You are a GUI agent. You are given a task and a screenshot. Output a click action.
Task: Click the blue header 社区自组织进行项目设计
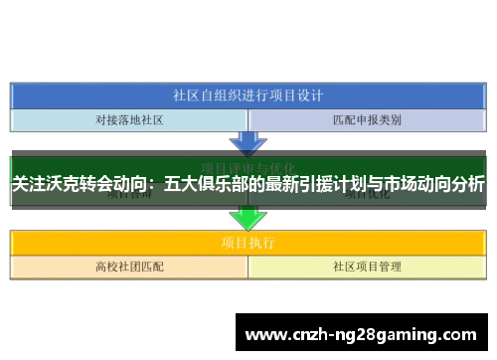248,95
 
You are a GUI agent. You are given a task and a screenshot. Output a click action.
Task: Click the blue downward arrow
248,142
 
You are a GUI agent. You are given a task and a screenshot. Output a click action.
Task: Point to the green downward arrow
248,218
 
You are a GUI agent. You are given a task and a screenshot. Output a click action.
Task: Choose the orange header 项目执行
248,242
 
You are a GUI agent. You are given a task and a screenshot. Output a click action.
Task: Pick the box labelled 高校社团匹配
129,267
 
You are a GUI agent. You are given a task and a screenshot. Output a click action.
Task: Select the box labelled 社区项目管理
367,267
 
